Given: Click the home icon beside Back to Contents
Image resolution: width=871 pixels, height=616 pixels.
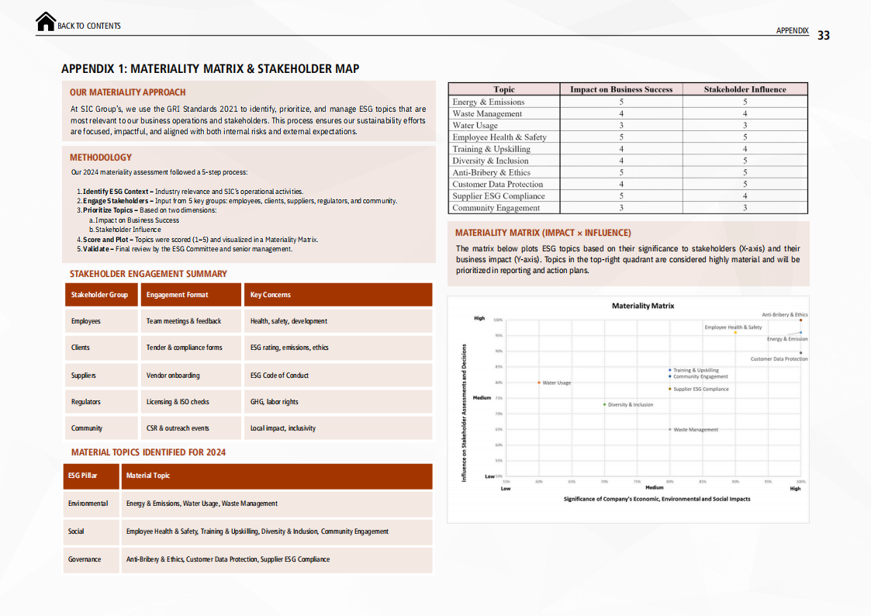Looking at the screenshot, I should (x=46, y=22).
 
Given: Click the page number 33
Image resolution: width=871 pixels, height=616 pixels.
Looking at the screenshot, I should (x=824, y=36).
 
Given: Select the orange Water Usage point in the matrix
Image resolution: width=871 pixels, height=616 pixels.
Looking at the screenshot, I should (x=539, y=382).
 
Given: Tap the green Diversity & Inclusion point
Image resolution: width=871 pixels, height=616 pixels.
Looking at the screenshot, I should (x=605, y=404).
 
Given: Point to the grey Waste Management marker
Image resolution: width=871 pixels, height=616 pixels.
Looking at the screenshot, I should (x=670, y=429).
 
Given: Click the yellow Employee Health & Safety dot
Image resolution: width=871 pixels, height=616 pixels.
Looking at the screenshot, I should (x=735, y=333).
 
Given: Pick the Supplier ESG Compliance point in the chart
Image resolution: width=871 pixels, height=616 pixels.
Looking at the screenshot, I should (x=670, y=389).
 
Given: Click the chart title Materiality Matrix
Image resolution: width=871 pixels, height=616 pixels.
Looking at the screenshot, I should (x=643, y=306).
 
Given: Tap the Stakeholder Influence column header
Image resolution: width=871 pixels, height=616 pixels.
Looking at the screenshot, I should (x=745, y=89).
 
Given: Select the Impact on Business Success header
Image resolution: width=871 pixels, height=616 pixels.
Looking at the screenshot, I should (x=621, y=89).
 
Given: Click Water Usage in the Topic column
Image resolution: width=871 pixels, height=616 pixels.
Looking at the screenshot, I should (x=475, y=126).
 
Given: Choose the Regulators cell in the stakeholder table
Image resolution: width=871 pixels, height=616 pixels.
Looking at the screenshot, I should (x=86, y=402).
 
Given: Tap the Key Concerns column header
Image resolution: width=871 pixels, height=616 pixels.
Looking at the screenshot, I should (x=271, y=295).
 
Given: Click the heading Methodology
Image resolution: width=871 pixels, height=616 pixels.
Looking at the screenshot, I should (x=101, y=157).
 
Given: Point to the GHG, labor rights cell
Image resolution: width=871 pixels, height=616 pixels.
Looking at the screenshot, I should (x=275, y=402).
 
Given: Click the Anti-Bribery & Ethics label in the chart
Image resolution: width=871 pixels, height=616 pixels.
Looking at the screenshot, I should (x=784, y=315).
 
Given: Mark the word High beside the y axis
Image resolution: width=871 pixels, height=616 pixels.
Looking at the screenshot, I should (x=479, y=318).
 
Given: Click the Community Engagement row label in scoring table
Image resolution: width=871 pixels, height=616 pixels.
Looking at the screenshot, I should (x=496, y=208).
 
